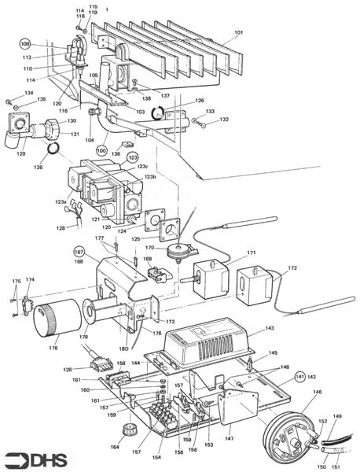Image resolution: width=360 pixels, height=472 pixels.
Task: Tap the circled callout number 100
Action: tap(101, 149)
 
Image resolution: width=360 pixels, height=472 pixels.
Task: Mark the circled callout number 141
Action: tap(299, 377)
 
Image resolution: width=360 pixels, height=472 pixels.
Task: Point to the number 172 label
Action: tap(292, 269)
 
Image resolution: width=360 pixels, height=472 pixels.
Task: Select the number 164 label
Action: tap(116, 448)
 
